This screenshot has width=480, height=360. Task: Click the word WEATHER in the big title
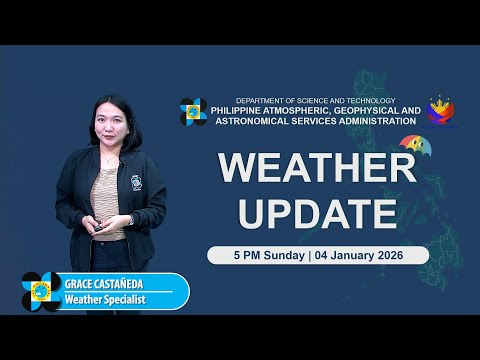tap(317, 169)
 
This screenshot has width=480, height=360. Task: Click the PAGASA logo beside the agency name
tap(193, 112)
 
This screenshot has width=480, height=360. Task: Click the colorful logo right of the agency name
tap(442, 112)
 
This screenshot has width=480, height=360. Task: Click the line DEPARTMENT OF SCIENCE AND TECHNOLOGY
tap(315, 100)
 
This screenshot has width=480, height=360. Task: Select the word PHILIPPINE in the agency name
tap(245, 110)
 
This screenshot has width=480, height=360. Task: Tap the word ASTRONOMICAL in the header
tap(247, 121)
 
